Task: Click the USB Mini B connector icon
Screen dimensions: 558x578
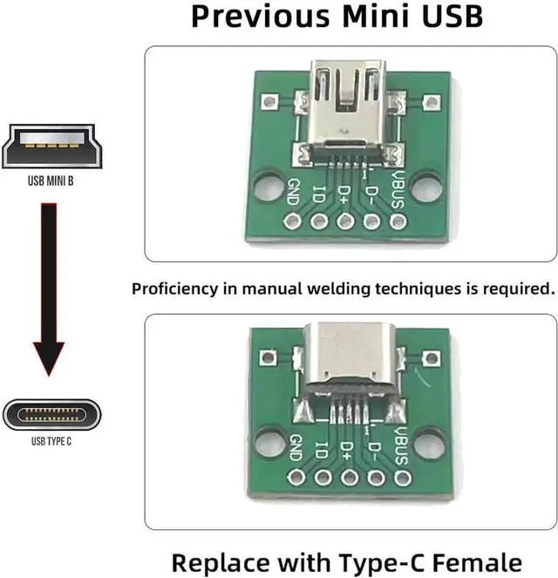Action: tap(51, 146)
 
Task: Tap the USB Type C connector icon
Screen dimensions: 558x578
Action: tap(51, 414)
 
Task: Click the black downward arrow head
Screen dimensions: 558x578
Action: tap(52, 357)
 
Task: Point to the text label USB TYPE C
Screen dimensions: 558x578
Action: tap(51, 442)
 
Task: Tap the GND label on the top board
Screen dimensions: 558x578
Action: tap(293, 191)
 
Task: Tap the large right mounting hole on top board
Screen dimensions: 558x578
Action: tap(425, 187)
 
